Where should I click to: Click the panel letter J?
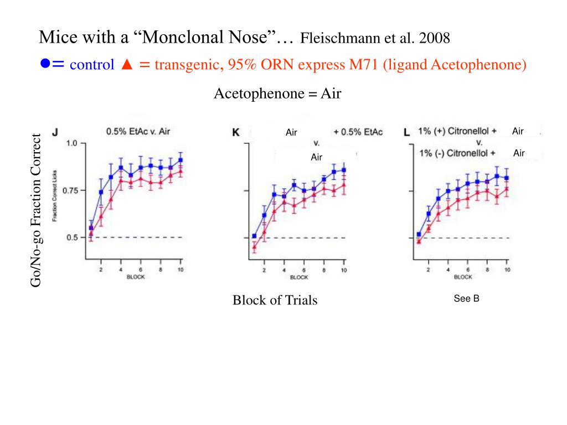click(x=55, y=132)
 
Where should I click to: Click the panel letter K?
click(x=235, y=132)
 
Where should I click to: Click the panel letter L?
click(x=407, y=132)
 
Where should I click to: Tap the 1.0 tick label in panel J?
click(x=71, y=143)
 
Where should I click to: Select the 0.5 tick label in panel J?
click(x=72, y=237)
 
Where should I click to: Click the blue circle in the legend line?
click(x=45, y=64)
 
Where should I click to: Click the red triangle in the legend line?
click(x=125, y=65)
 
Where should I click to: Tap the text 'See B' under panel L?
click(x=466, y=299)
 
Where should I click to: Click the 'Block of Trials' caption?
click(x=275, y=300)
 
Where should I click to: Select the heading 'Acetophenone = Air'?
click(x=277, y=94)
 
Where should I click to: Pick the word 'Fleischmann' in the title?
click(x=335, y=39)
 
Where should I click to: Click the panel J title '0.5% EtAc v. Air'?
click(x=138, y=132)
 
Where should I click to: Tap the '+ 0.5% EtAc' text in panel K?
click(x=358, y=132)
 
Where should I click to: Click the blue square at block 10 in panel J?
click(x=181, y=160)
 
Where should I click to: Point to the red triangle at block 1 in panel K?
click(x=254, y=247)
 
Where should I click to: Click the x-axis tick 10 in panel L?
click(x=507, y=269)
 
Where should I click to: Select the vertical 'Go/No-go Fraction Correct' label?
click(x=37, y=210)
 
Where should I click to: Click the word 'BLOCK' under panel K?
click(x=298, y=277)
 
